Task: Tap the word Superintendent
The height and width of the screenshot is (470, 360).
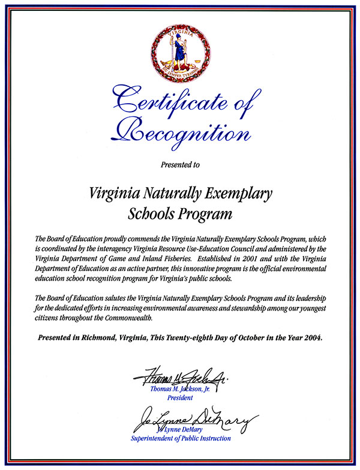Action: [156, 438]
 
